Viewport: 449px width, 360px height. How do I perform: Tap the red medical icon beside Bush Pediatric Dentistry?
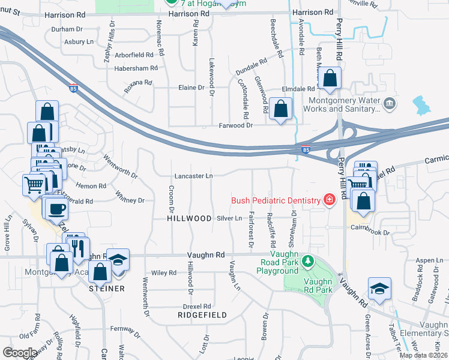tap(328, 199)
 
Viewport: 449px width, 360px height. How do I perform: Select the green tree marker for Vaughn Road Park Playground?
tap(308, 261)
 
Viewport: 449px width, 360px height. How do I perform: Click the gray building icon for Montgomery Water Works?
tap(390, 104)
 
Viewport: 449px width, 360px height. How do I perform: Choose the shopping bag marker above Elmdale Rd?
tap(330, 78)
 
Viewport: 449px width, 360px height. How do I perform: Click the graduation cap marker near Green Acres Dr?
tap(379, 289)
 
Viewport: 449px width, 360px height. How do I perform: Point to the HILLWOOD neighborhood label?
tap(189, 219)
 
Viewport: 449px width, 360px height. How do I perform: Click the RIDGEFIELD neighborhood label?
tap(202, 314)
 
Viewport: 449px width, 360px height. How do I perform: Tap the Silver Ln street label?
tap(229, 219)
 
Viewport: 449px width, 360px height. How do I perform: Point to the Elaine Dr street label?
tap(191, 88)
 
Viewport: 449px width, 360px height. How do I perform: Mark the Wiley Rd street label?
tap(164, 273)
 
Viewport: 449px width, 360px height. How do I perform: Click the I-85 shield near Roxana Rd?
tap(73, 88)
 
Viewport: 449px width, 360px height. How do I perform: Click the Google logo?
tap(20, 353)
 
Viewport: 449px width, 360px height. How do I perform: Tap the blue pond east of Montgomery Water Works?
tap(423, 106)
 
